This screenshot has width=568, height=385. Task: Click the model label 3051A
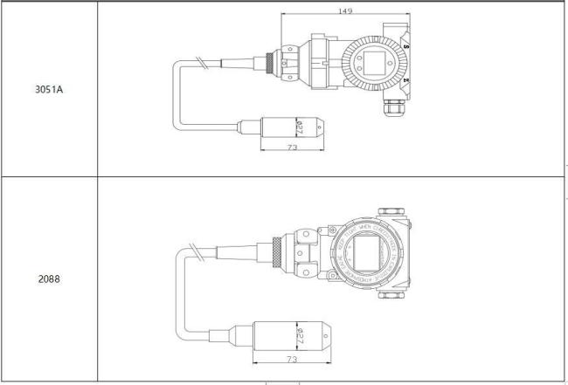pos(48,89)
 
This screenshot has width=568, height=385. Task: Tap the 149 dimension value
pos(346,11)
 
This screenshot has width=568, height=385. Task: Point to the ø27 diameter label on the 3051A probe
pos(299,127)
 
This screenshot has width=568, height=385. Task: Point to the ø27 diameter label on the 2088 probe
pos(301,333)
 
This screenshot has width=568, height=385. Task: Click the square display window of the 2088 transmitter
pos(366,255)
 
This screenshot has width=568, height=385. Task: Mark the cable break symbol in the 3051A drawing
pos(204,63)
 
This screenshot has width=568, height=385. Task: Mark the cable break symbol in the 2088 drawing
pos(207,251)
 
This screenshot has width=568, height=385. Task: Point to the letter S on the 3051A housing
pos(409,45)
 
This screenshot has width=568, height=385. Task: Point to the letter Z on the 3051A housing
pos(409,80)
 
